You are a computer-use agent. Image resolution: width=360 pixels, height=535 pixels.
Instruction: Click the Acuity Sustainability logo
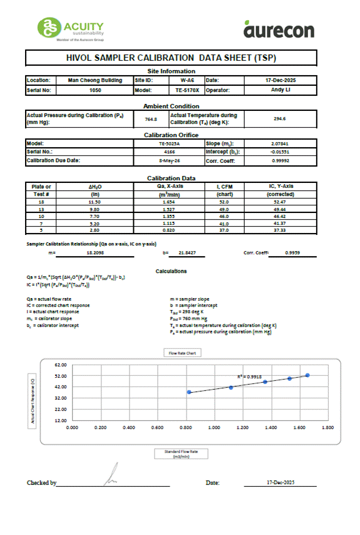pos(71,28)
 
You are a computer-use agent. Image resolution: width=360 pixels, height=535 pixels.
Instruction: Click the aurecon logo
pos(279,29)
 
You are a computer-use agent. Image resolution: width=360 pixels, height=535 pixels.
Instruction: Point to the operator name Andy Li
pos(279,90)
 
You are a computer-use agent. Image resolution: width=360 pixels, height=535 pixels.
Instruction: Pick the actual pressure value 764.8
pos(151,118)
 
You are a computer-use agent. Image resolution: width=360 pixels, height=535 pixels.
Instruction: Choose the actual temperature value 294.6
pos(279,118)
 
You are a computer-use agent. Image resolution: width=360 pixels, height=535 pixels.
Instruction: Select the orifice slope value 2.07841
pos(280,143)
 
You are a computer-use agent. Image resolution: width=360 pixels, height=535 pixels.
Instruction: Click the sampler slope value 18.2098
pos(95,252)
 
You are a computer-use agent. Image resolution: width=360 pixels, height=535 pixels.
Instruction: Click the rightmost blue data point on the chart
pos(307,375)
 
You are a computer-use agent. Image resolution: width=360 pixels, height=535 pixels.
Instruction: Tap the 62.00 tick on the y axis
pos(61,364)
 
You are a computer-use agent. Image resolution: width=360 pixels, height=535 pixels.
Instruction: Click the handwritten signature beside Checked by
pos(112,477)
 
